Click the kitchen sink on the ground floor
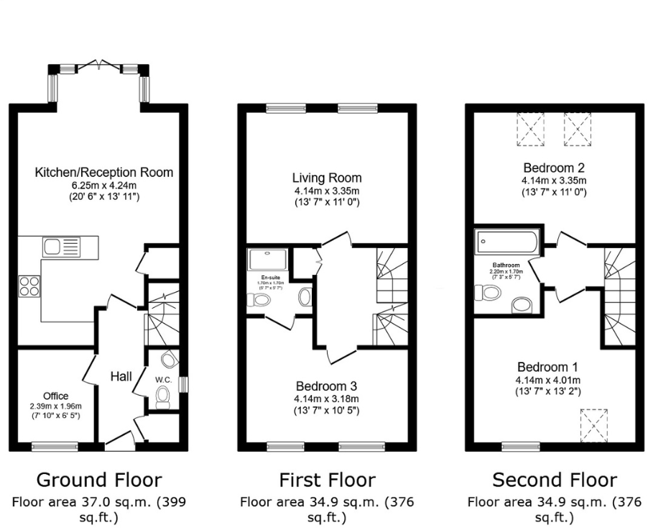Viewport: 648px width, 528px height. click(61, 247)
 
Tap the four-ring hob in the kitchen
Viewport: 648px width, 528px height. click(29, 286)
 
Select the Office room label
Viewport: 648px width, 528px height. click(55, 396)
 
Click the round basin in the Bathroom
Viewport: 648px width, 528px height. click(522, 306)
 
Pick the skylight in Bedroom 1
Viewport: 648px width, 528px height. click(593, 422)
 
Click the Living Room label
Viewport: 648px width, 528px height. click(327, 178)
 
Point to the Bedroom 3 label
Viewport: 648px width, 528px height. click(327, 386)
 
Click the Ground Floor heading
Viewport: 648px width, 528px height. click(99, 480)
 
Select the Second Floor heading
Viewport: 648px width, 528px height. click(554, 480)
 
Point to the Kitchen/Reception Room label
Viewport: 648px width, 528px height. click(104, 173)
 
